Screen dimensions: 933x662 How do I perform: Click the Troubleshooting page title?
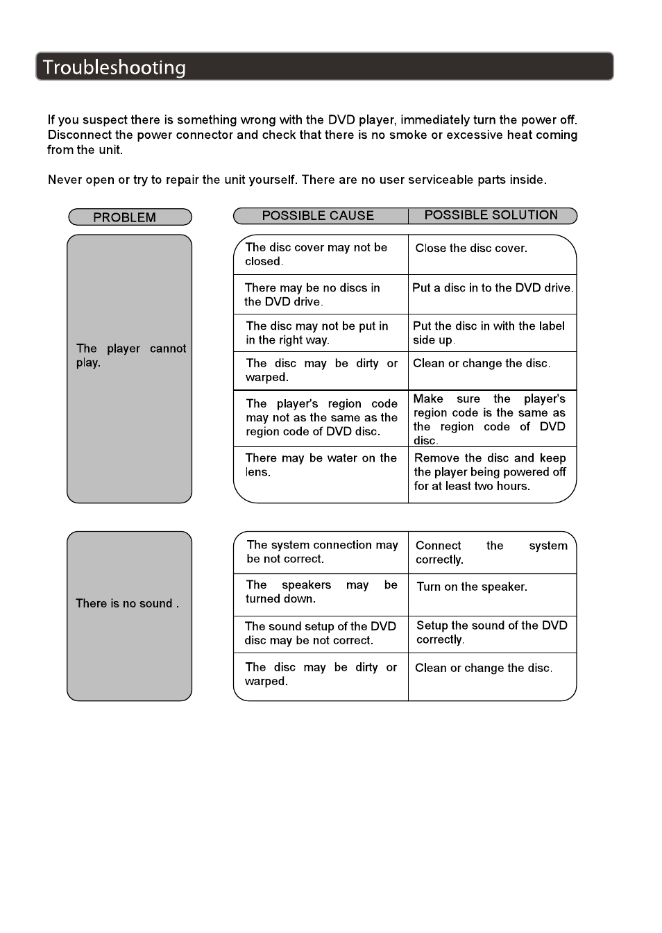click(114, 67)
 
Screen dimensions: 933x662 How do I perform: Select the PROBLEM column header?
click(125, 217)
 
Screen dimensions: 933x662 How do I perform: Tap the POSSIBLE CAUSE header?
click(318, 216)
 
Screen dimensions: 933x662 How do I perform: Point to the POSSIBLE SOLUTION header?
click(491, 215)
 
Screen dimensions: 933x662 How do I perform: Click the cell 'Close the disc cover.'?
click(471, 249)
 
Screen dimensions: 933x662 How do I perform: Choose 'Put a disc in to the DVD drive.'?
click(493, 288)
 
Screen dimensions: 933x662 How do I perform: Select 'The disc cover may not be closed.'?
click(316, 254)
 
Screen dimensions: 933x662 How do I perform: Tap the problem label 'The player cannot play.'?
click(130, 355)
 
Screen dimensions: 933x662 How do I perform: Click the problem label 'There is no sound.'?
click(127, 604)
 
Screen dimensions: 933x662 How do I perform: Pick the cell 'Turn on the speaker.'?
click(472, 587)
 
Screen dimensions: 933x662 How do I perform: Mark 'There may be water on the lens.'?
click(321, 465)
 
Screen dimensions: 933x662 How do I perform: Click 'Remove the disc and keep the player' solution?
click(490, 472)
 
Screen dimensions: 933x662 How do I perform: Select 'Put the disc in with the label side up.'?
click(489, 333)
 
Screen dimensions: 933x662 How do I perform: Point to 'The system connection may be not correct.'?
click(322, 552)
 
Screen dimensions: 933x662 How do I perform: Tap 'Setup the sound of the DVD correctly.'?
click(491, 632)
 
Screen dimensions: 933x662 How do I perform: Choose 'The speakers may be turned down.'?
click(321, 592)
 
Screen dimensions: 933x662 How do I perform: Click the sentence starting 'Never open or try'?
click(297, 180)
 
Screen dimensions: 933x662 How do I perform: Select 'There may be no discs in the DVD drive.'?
click(312, 295)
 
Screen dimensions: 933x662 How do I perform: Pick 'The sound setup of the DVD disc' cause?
click(320, 633)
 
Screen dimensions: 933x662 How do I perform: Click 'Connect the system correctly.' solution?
click(491, 553)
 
